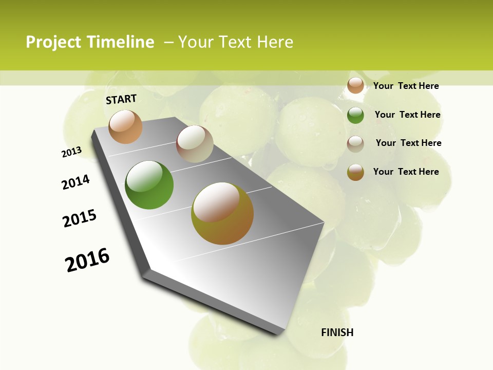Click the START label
[x=121, y=99]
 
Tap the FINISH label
[x=337, y=332]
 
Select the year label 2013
[x=71, y=152]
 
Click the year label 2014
[x=76, y=182]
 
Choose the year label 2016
[x=87, y=260]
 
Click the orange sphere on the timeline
[x=125, y=126]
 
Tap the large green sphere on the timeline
[x=149, y=185]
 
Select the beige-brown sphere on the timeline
[x=195, y=144]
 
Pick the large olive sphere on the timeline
[x=222, y=213]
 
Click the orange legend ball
[x=355, y=85]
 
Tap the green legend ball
[x=355, y=115]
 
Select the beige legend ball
[x=355, y=143]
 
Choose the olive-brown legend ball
[x=355, y=172]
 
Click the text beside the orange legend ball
[x=406, y=86]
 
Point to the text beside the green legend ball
[x=407, y=115]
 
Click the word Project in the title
[x=54, y=42]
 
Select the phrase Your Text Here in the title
[x=236, y=42]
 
